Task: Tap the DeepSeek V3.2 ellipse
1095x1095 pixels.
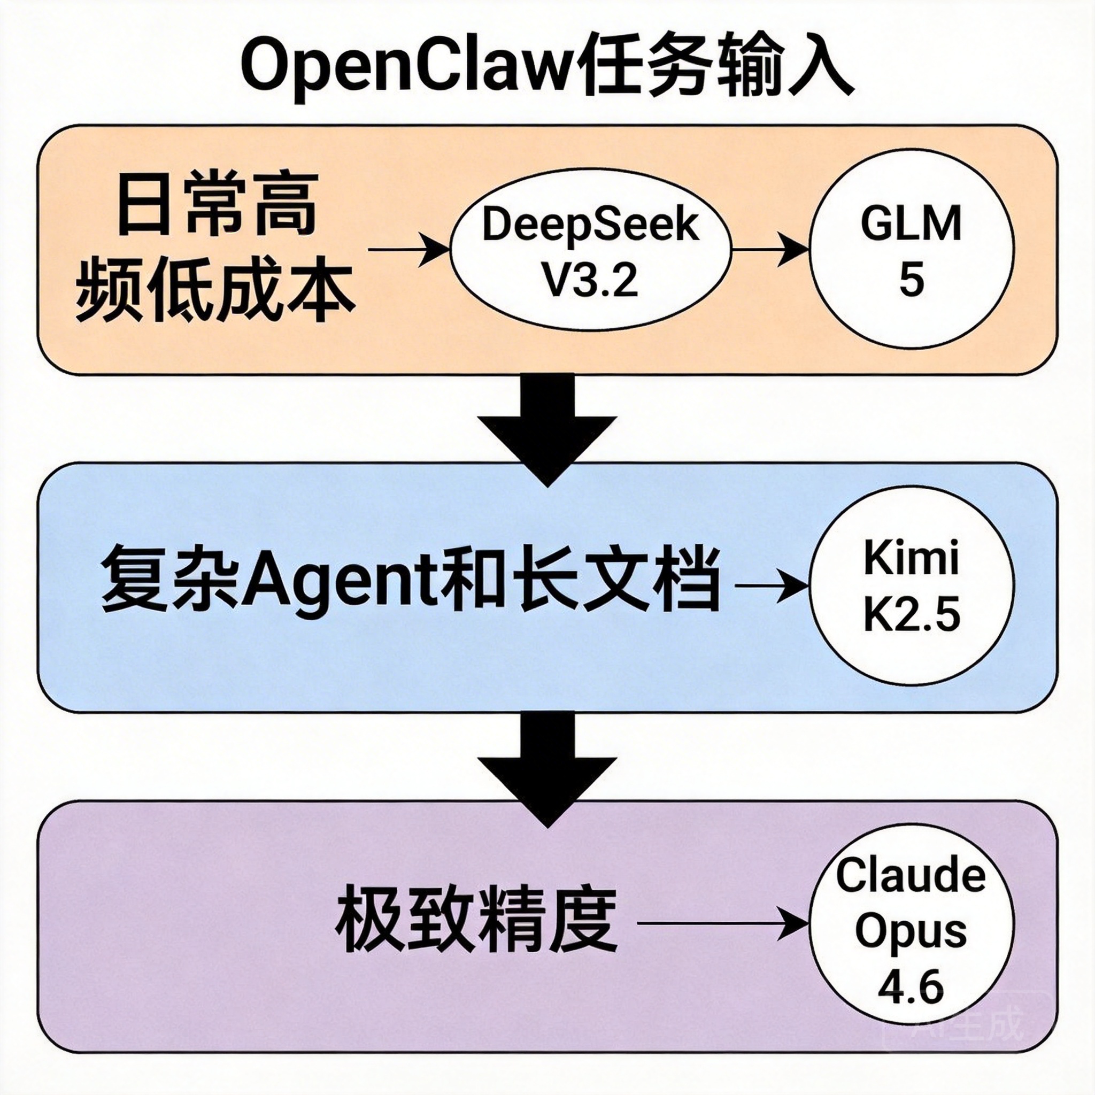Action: pos(590,250)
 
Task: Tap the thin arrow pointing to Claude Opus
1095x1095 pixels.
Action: pos(723,923)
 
